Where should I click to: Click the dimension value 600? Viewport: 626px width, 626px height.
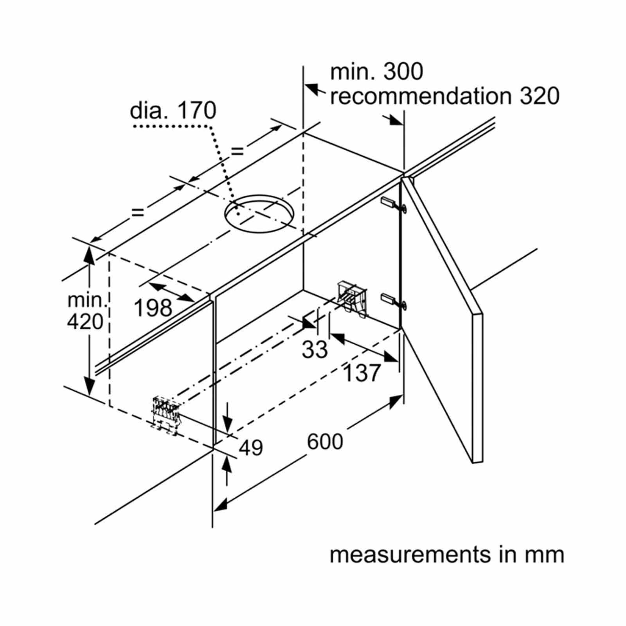tap(325, 442)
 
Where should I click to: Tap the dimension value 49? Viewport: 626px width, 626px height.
tap(251, 448)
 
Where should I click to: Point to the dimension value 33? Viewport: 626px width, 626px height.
tap(315, 349)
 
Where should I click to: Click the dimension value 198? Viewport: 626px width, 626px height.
tap(153, 308)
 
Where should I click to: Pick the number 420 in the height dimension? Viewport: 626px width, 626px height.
tap(85, 322)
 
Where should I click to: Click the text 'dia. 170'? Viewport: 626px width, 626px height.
tap(173, 110)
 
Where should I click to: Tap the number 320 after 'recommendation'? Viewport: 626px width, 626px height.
tap(540, 96)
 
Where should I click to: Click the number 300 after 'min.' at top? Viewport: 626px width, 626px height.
tap(403, 72)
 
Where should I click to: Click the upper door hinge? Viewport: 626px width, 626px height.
tap(393, 204)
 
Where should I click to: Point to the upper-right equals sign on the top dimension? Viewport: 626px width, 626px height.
tap(237, 151)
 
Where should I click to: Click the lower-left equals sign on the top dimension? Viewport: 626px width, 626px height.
tap(137, 213)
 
